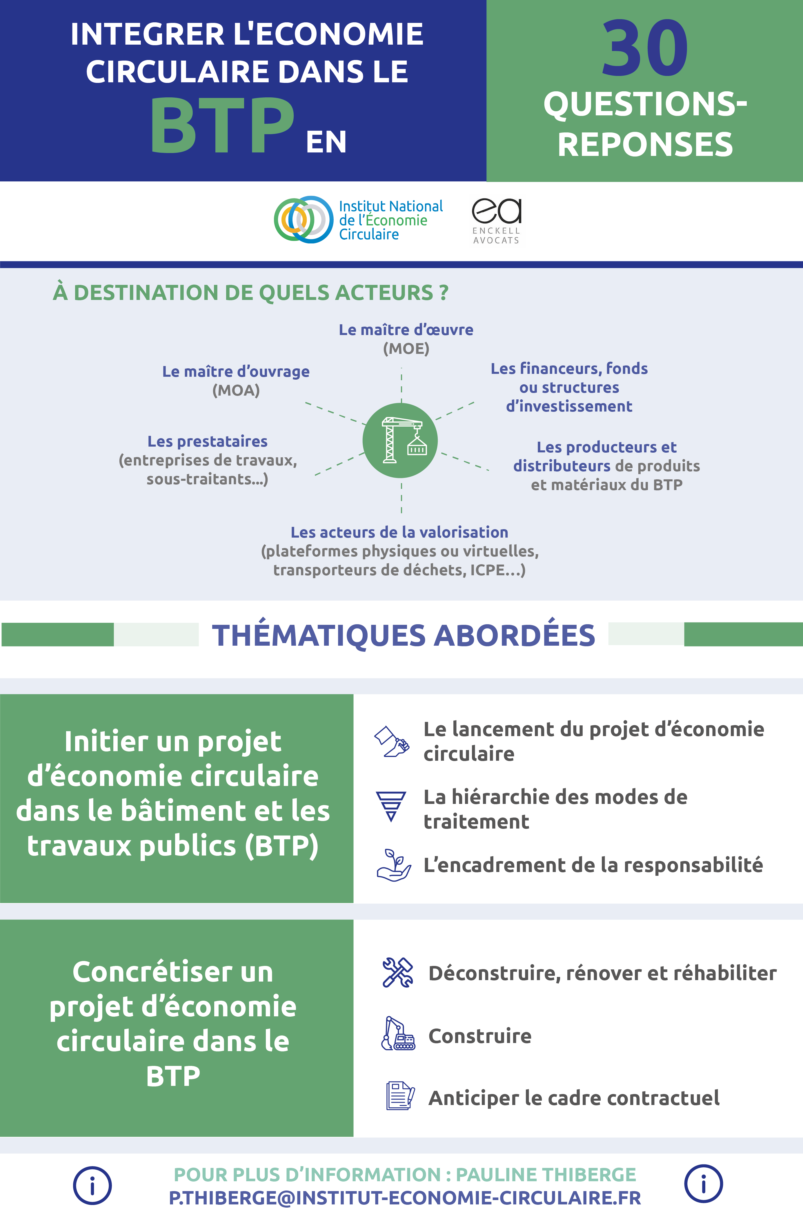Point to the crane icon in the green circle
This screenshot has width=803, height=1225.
point(400,441)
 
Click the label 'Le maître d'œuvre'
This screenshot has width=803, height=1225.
point(406,330)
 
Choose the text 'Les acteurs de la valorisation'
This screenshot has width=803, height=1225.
point(399,532)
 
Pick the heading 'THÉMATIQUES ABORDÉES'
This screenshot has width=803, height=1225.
point(404,635)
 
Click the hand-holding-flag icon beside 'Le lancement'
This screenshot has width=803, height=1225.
point(392,742)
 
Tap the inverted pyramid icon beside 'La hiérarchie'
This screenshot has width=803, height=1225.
point(391,806)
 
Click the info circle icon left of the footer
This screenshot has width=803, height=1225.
point(92,1186)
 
